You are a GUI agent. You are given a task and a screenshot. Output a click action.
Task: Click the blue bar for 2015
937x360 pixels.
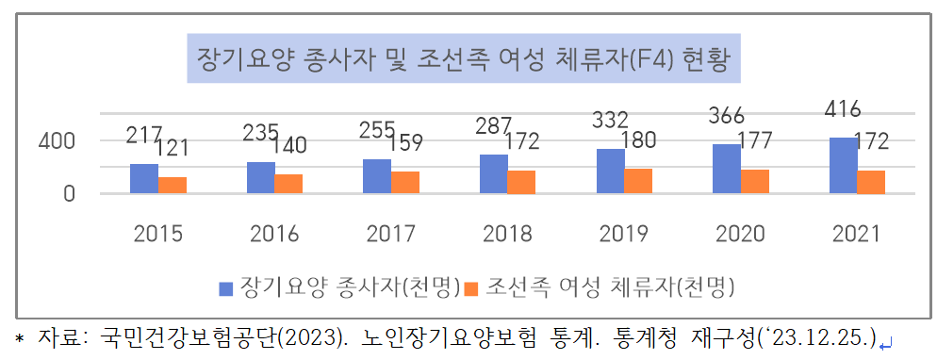pos(144,178)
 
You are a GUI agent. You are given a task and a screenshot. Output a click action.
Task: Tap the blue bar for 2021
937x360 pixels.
pos(844,165)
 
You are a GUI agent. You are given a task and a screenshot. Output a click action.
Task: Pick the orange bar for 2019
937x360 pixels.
pos(638,181)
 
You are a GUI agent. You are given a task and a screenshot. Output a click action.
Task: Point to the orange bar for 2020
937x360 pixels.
pos(754,181)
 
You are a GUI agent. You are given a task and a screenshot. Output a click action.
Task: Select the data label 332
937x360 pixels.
pos(611,120)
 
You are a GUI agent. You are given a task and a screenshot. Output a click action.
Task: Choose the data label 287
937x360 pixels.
pos(494,125)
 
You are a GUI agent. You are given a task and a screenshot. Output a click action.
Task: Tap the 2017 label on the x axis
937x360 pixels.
pos(389,234)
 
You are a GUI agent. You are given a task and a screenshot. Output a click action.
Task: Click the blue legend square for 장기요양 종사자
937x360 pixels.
pos(226,286)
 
